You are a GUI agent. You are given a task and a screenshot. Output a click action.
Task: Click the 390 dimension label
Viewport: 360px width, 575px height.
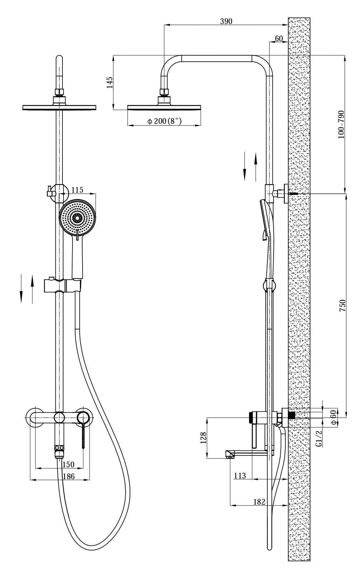[x=226, y=21]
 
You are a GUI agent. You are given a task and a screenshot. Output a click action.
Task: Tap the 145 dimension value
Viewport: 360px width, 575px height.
[x=110, y=82]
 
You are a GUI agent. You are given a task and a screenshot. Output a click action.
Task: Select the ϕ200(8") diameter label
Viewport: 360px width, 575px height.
[x=164, y=121]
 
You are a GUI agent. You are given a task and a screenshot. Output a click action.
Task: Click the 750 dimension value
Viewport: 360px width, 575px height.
[x=342, y=305]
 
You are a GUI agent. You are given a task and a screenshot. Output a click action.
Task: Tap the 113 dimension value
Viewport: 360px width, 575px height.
[x=240, y=476]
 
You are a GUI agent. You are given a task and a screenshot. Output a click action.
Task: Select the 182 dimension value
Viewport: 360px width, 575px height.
[x=258, y=501]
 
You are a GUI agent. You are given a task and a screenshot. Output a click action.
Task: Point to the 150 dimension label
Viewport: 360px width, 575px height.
[x=68, y=464]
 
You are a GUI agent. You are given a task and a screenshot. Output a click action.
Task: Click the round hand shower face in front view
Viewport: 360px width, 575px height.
[x=78, y=217]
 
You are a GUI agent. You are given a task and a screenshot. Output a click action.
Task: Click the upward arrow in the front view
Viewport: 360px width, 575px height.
[x=32, y=288]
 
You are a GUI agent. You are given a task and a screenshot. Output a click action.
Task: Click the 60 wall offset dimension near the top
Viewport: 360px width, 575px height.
[x=279, y=38]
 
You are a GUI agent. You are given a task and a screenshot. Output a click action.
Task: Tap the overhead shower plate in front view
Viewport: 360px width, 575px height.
[x=60, y=107]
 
